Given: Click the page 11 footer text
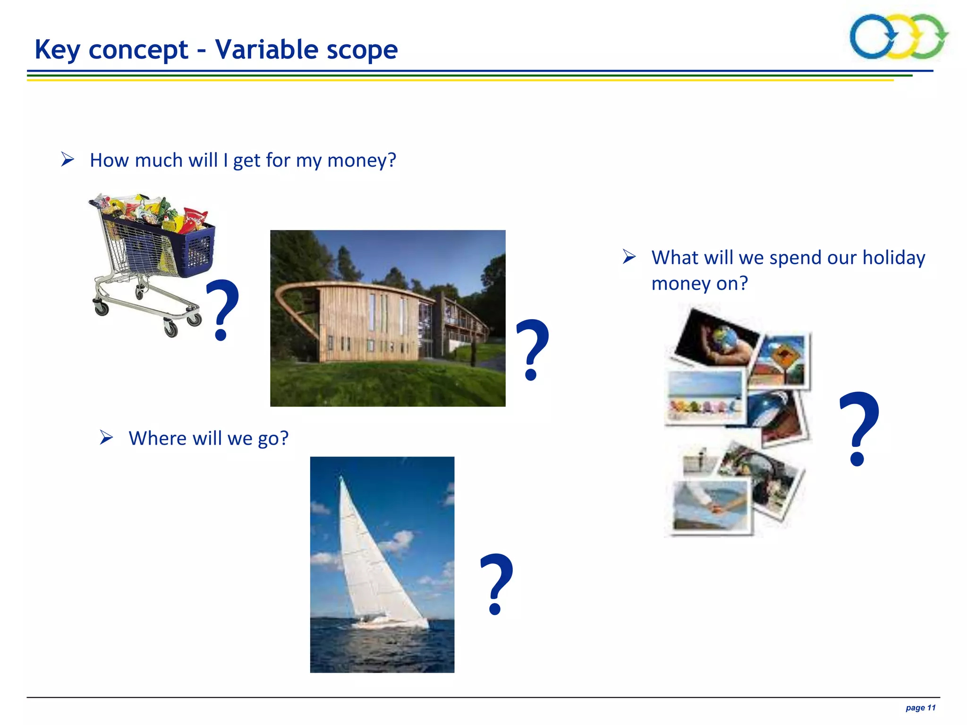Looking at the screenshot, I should tap(920, 708).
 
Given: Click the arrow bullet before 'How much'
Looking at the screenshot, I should tap(68, 160).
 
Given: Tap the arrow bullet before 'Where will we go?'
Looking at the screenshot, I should tap(106, 438).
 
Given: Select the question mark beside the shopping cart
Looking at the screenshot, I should tap(222, 309).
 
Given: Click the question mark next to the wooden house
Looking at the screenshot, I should tap(532, 349).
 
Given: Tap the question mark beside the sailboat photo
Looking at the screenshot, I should tap(496, 583).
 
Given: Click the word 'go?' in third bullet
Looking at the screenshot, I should tap(272, 438).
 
